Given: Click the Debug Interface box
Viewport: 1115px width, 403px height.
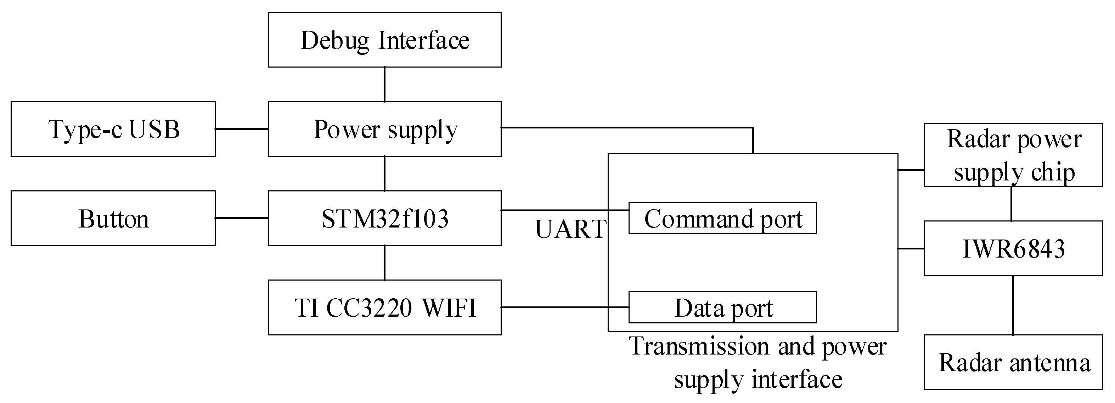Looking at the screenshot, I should click(x=384, y=40).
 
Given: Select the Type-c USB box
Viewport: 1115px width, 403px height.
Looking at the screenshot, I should click(x=113, y=129).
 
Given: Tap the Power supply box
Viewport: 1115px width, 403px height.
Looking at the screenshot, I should click(x=384, y=129).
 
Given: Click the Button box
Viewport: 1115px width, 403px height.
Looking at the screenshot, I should click(x=113, y=218).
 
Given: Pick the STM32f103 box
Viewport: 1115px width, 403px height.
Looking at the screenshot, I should click(x=384, y=218).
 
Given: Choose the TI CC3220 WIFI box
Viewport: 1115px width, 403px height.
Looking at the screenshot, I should click(x=384, y=307).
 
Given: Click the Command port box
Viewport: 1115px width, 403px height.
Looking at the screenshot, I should click(x=722, y=218).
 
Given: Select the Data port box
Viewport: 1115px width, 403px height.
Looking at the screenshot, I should click(x=722, y=307).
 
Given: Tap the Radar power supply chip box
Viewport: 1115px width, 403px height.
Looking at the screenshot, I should click(x=1013, y=155).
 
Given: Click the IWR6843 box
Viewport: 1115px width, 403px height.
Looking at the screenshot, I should click(x=1013, y=249).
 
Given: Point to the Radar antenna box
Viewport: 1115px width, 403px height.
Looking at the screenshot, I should click(x=1013, y=362).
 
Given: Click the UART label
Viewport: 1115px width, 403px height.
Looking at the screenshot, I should click(x=570, y=229).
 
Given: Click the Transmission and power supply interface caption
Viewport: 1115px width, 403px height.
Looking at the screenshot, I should click(x=758, y=362).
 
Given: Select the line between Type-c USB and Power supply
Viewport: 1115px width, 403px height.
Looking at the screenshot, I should click(x=242, y=129).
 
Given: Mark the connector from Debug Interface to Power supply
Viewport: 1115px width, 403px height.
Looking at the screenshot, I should click(x=384, y=84).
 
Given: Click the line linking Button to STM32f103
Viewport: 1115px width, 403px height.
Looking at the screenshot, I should click(x=242, y=218).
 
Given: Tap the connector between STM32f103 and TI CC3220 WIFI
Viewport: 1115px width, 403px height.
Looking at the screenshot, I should click(x=384, y=263).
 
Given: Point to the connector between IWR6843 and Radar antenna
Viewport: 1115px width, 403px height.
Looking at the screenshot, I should click(x=1013, y=305).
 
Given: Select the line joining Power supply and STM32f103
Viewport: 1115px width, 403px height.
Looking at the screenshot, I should click(x=384, y=173).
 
